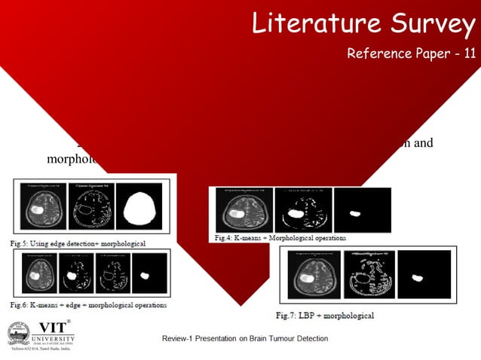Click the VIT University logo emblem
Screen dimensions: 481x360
coord(19,333)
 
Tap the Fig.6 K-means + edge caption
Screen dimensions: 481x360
coord(88,304)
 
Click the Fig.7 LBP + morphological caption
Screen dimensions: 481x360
coord(325,315)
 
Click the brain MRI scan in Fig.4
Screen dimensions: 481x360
coord(243,210)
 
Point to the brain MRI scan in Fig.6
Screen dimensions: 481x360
coord(33,273)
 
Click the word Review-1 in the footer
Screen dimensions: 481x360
coord(179,338)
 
